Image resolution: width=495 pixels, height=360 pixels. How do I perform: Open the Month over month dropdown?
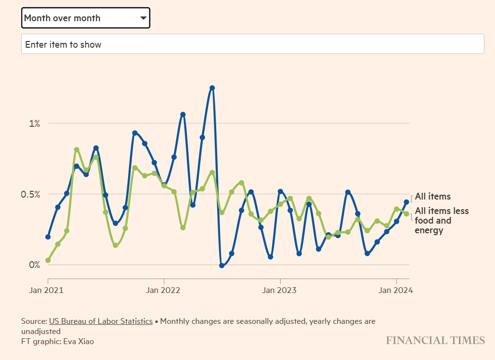pyautogui.click(x=86, y=18)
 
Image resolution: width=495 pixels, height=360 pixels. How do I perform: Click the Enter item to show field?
pyautogui.click(x=252, y=44)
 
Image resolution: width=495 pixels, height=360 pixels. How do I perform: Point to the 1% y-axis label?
pyautogui.click(x=34, y=123)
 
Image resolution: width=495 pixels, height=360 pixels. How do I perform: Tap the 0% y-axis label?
pyautogui.click(x=34, y=265)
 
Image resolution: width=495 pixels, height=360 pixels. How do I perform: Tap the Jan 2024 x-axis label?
pyautogui.click(x=396, y=290)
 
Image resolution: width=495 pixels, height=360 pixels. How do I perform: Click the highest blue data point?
pyautogui.click(x=212, y=88)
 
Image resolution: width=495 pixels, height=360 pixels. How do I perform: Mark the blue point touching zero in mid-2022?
pyautogui.click(x=221, y=265)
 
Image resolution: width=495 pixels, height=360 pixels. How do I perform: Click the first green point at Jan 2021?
pyautogui.click(x=48, y=260)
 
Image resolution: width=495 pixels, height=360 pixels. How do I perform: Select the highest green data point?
pyautogui.click(x=77, y=150)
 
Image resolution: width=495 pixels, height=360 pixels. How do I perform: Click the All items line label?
pyautogui.click(x=433, y=197)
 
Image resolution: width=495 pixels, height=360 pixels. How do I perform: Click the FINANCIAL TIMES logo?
pyautogui.click(x=435, y=341)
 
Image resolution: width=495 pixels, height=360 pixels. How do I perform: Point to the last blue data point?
pyautogui.click(x=406, y=202)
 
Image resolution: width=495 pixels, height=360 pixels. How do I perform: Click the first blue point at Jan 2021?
pyautogui.click(x=48, y=237)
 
